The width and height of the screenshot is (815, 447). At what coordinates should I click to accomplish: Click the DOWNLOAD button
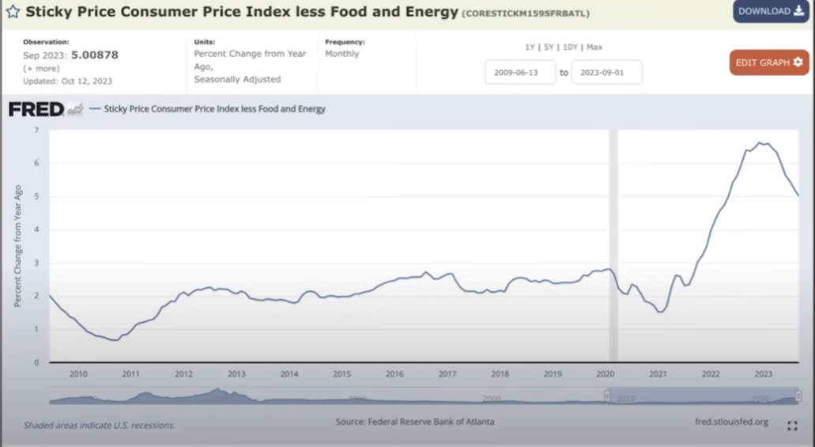click(x=771, y=11)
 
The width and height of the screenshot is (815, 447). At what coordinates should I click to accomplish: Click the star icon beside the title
click(x=13, y=13)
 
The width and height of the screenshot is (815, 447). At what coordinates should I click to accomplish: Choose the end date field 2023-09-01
click(x=606, y=72)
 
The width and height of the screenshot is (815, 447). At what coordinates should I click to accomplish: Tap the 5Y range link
click(x=549, y=47)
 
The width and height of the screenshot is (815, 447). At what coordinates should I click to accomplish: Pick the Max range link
click(x=594, y=47)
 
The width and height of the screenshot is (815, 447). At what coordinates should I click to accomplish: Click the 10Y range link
click(x=570, y=47)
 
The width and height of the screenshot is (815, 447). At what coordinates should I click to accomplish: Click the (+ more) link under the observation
click(x=41, y=69)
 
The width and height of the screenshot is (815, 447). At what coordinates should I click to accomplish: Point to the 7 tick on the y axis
click(x=36, y=130)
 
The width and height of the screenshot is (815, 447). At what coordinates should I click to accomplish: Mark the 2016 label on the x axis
click(x=394, y=374)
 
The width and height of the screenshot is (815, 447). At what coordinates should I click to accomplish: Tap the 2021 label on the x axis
click(x=658, y=374)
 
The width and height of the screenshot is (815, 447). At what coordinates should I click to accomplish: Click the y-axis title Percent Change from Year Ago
click(x=18, y=246)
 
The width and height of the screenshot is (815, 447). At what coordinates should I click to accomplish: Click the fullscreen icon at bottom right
click(x=792, y=426)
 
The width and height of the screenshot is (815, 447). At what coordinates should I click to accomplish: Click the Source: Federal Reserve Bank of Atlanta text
click(x=415, y=422)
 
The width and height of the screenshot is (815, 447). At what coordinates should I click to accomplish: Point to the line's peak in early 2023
click(x=760, y=143)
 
